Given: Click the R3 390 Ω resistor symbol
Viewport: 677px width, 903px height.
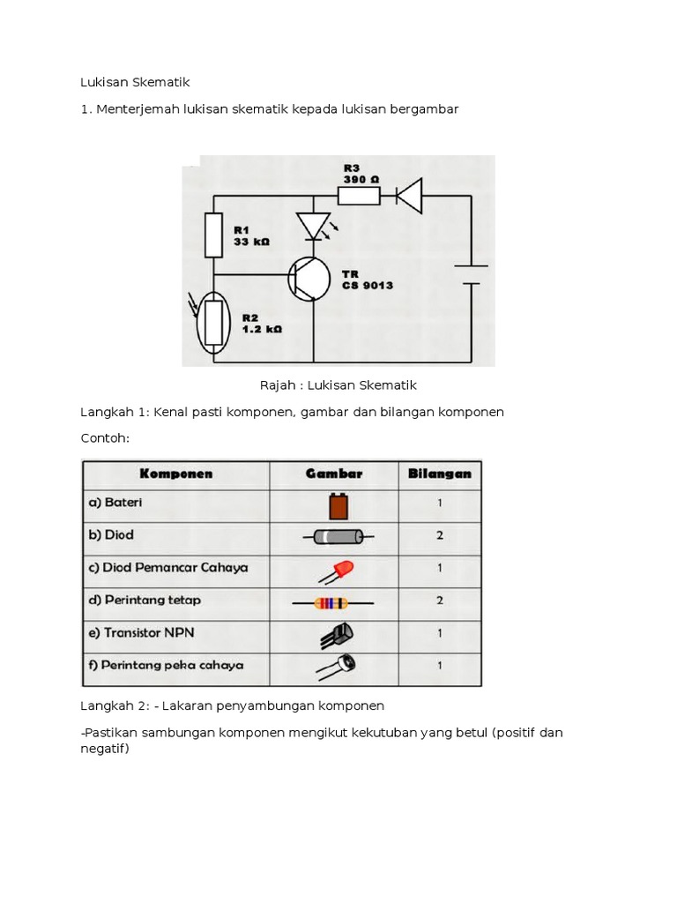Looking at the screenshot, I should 361,196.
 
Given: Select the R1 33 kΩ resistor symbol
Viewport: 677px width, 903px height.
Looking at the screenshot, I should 213,235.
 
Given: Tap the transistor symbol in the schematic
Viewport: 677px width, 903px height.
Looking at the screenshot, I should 308,278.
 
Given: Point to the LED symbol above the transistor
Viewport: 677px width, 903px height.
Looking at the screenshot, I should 313,226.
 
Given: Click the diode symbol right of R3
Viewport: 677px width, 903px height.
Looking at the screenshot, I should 409,196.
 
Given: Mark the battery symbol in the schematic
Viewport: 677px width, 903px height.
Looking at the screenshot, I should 472,274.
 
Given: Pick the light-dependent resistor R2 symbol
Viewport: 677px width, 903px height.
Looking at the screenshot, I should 213,323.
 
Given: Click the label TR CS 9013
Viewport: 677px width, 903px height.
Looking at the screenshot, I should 368,280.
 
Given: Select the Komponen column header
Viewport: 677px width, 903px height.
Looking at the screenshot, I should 175,474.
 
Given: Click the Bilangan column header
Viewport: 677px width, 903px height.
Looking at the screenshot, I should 440,474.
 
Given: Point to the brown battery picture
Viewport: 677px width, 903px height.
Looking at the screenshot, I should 338,506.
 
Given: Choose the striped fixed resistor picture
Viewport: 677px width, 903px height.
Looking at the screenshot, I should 332,603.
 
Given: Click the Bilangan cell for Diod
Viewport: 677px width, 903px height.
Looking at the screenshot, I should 440,536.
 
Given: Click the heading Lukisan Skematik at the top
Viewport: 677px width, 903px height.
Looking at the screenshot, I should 135,82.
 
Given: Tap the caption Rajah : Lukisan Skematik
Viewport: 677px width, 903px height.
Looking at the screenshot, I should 338,384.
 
